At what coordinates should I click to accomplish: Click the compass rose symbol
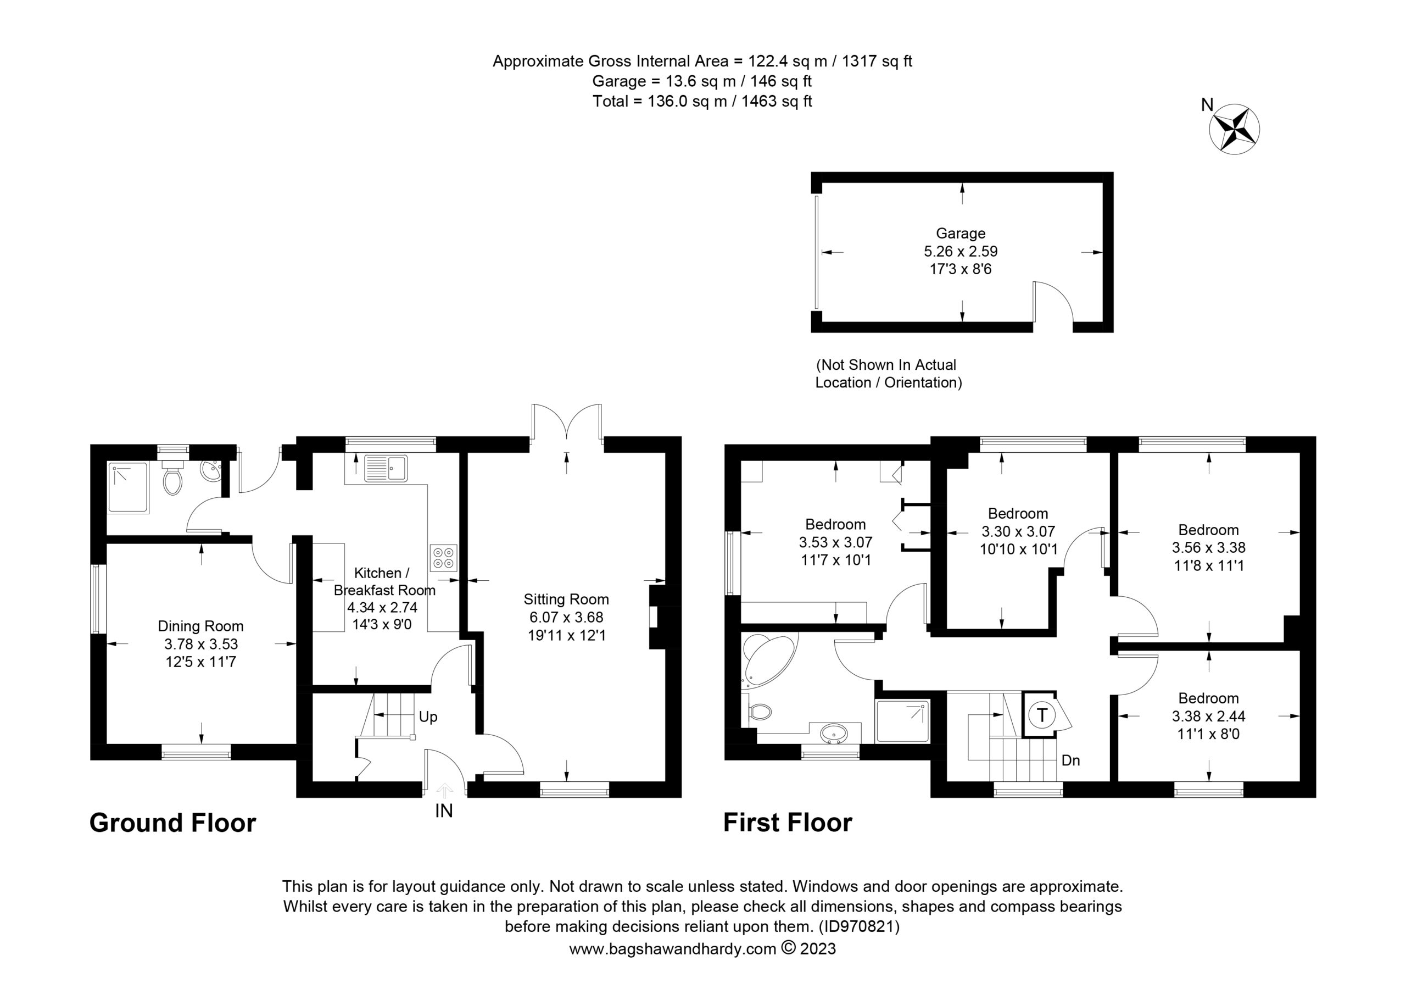coord(1234,128)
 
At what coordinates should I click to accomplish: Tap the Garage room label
coord(960,233)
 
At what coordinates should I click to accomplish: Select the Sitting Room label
coord(566,599)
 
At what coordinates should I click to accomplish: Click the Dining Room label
coord(200,626)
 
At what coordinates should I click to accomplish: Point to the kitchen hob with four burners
coord(443,558)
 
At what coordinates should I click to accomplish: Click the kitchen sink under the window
coord(386,469)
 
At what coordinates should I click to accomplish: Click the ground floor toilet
coord(172,478)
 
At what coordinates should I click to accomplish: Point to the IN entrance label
coord(443,811)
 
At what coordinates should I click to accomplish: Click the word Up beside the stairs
coord(428,717)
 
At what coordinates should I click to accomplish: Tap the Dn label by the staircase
coord(1070,760)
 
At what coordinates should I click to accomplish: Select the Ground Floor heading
coord(172,823)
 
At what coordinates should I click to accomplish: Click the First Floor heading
coord(788,823)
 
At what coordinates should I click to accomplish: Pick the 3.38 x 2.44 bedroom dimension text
coord(1208,716)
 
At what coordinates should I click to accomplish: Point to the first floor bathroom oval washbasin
coord(834,732)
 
